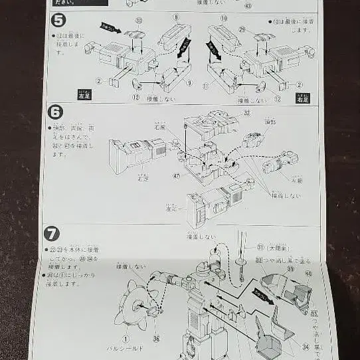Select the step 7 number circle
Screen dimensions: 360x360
click(52, 233)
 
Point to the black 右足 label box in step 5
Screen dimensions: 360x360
click(302, 98)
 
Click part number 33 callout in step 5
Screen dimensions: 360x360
click(139, 21)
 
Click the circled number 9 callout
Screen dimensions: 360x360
click(189, 83)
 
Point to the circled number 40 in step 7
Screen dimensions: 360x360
click(307, 273)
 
